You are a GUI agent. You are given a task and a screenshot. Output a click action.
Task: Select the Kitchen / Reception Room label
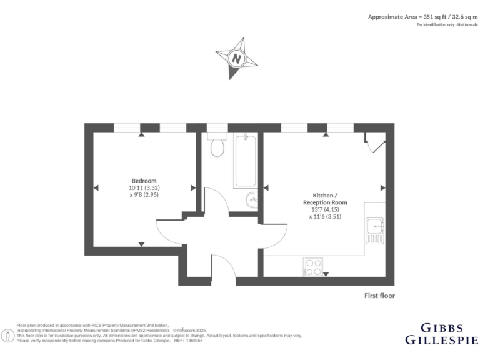325,199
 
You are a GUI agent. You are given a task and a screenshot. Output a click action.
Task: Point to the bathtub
245,161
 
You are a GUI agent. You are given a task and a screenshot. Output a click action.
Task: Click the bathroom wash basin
251,201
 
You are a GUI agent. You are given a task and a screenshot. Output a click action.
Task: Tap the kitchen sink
376,229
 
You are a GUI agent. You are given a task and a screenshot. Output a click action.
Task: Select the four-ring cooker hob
313,267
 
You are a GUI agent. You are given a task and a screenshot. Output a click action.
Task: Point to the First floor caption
379,295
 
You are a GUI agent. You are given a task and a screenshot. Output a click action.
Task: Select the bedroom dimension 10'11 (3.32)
144,187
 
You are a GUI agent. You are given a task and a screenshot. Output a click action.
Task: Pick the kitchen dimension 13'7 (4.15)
325,210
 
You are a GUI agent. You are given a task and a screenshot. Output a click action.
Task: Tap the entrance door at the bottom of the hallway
224,266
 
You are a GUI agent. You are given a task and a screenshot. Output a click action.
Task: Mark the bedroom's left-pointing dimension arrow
96,187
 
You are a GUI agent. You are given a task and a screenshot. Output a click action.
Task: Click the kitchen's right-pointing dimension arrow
382,187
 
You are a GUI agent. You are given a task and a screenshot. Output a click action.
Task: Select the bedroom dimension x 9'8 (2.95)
144,195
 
